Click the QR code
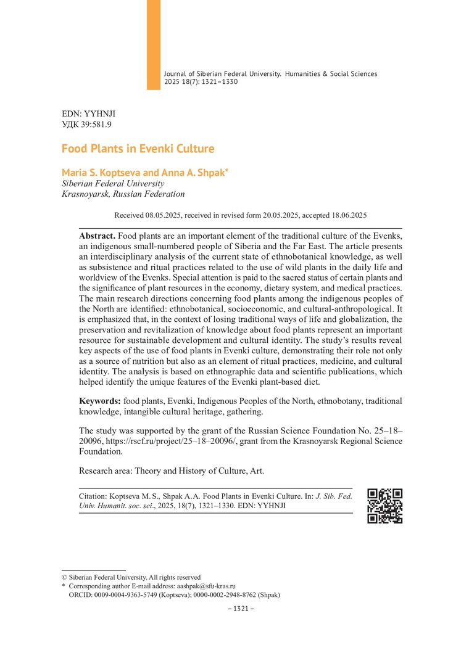coord(384,506)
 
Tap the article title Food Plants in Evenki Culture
coord(138,149)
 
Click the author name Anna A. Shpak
coord(195,173)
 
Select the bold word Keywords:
coord(100,401)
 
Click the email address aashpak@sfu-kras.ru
coord(206,586)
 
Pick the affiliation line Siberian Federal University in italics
coord(113,183)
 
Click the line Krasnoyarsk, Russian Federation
coord(123,194)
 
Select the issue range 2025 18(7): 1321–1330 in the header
coord(201,81)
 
